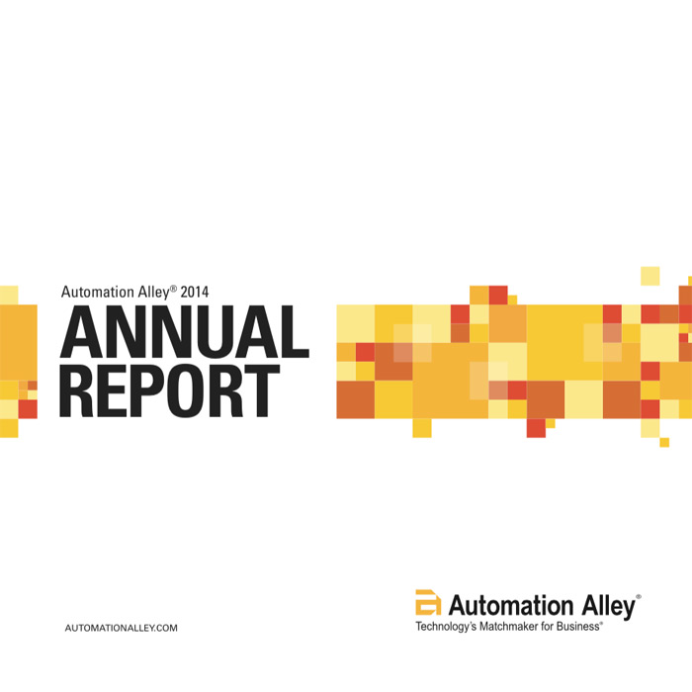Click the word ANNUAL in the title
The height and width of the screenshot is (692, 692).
[x=185, y=331]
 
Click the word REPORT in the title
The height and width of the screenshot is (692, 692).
[x=169, y=391]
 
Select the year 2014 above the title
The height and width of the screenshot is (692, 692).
[x=195, y=292]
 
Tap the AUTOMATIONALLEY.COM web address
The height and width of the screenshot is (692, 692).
[x=121, y=628]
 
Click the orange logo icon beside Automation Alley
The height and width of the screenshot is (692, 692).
[x=428, y=602]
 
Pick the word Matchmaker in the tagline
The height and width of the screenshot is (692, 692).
[x=509, y=626]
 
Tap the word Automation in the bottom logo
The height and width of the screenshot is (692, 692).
[x=511, y=605]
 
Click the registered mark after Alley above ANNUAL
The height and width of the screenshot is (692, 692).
[x=173, y=289]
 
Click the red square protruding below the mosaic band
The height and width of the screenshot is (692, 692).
[x=536, y=428]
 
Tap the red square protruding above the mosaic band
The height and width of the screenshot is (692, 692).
[x=498, y=295]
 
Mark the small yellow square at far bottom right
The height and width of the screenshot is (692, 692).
[x=664, y=442]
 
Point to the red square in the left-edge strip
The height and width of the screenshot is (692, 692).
[x=28, y=409]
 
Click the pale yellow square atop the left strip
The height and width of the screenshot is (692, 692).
[x=9, y=295]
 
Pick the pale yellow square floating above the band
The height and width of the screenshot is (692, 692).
[x=650, y=276]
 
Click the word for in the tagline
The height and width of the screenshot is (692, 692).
[x=548, y=626]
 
